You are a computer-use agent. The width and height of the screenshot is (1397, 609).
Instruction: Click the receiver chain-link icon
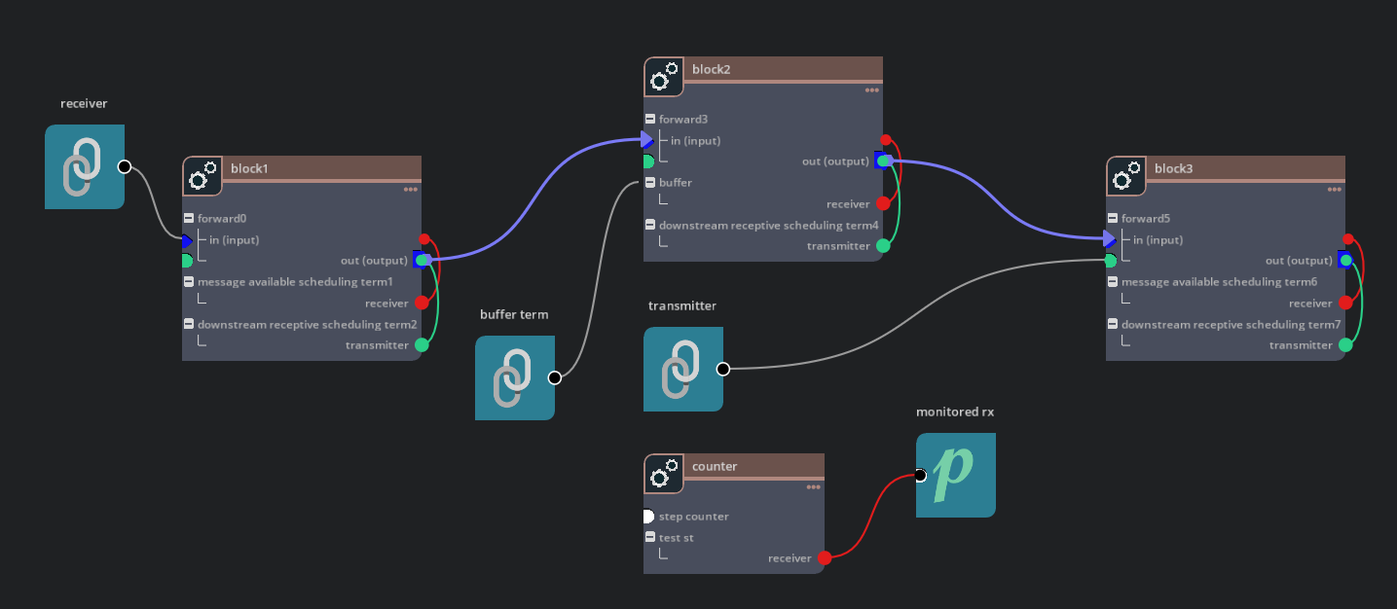(84, 166)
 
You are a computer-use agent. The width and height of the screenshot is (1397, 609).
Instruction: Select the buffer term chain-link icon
(514, 377)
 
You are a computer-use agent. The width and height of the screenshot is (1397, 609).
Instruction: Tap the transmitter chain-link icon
(682, 369)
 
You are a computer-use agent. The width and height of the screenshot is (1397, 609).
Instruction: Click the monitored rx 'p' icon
(955, 475)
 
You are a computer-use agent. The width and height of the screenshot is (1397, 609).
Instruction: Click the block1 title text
(248, 168)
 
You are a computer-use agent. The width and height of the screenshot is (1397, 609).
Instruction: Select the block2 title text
(711, 69)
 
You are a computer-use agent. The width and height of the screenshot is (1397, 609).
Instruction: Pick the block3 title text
(1172, 168)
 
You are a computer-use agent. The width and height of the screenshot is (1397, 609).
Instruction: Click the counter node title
(715, 466)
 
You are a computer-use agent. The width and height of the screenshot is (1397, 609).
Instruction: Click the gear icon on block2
(663, 77)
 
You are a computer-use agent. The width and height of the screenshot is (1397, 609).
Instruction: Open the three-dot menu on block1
(411, 190)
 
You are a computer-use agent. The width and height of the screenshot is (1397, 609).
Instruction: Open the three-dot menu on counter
(814, 487)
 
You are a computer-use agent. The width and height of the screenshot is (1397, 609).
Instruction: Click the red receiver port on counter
(825, 558)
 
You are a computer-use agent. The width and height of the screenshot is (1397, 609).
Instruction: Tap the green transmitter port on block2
(883, 246)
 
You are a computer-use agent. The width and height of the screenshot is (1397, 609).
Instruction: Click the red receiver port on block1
(422, 304)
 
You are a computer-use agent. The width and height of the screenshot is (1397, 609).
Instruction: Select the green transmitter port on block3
(1345, 345)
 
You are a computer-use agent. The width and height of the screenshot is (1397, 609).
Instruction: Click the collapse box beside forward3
(650, 120)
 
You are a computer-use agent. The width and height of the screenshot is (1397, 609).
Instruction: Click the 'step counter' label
(693, 517)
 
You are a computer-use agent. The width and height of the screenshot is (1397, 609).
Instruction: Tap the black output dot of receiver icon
(125, 166)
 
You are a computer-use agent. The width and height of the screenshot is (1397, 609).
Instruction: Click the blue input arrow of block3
(1110, 239)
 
